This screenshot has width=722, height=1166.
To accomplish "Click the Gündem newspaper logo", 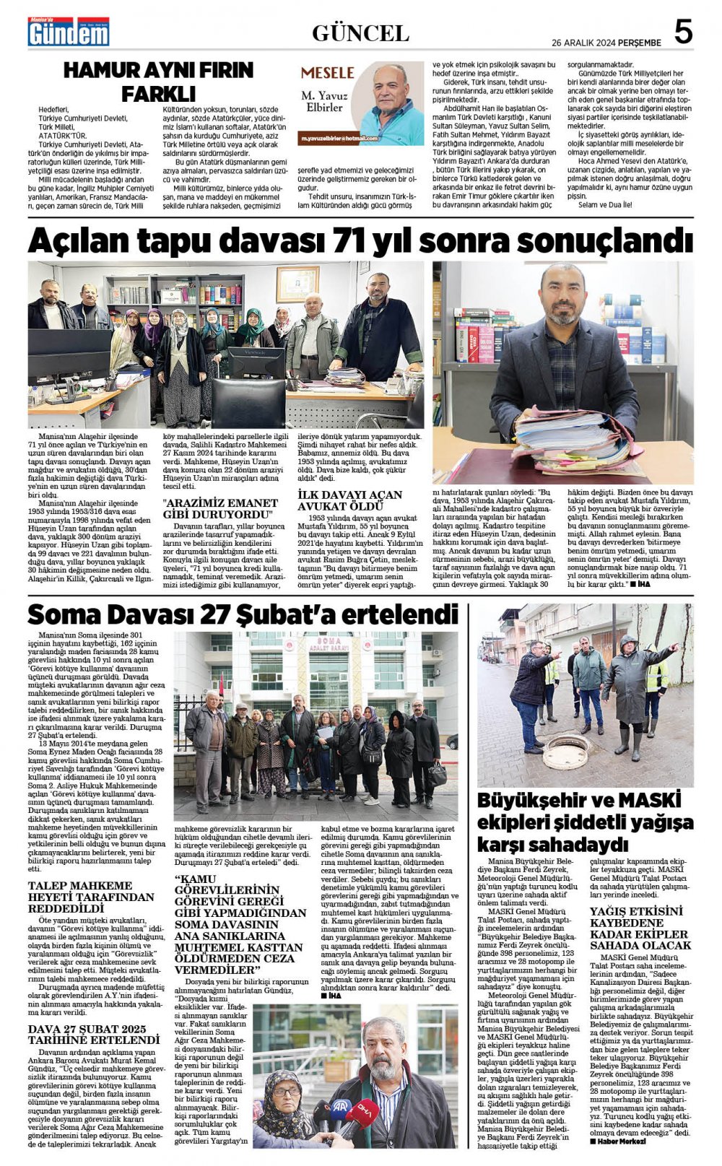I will [69, 32].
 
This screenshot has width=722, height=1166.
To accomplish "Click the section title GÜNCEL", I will [360, 33].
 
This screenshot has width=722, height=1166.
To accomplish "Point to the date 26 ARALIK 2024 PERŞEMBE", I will [606, 43].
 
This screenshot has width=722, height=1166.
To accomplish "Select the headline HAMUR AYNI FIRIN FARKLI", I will [158, 82].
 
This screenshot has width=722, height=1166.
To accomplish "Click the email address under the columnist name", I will [339, 138].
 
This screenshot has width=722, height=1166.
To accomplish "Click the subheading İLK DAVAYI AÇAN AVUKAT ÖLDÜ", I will [350, 500].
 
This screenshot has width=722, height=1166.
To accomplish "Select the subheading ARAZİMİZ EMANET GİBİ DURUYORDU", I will [220, 508].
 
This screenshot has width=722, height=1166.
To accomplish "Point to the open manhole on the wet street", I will [565, 752].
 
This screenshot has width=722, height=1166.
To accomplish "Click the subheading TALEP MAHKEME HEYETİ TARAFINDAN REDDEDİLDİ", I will [91, 897].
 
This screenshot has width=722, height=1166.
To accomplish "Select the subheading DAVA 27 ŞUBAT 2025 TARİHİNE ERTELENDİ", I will [94, 1035].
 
